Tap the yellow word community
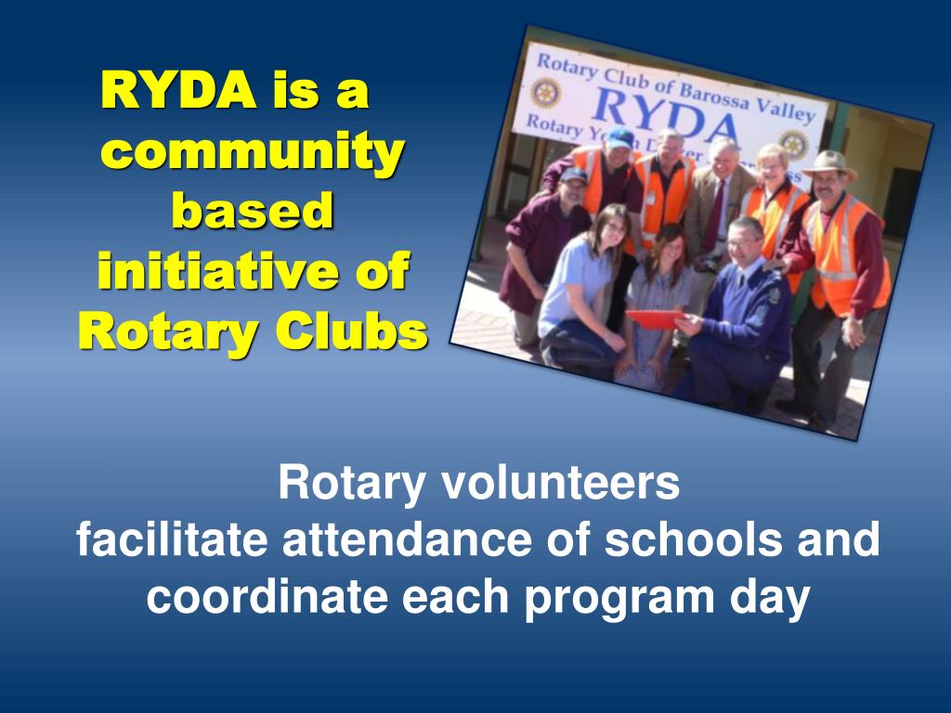click(252, 151)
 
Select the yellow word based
click(253, 211)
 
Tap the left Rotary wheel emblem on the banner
click(544, 93)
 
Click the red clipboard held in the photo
click(654, 318)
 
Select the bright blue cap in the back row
click(619, 138)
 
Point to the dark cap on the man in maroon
click(573, 174)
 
